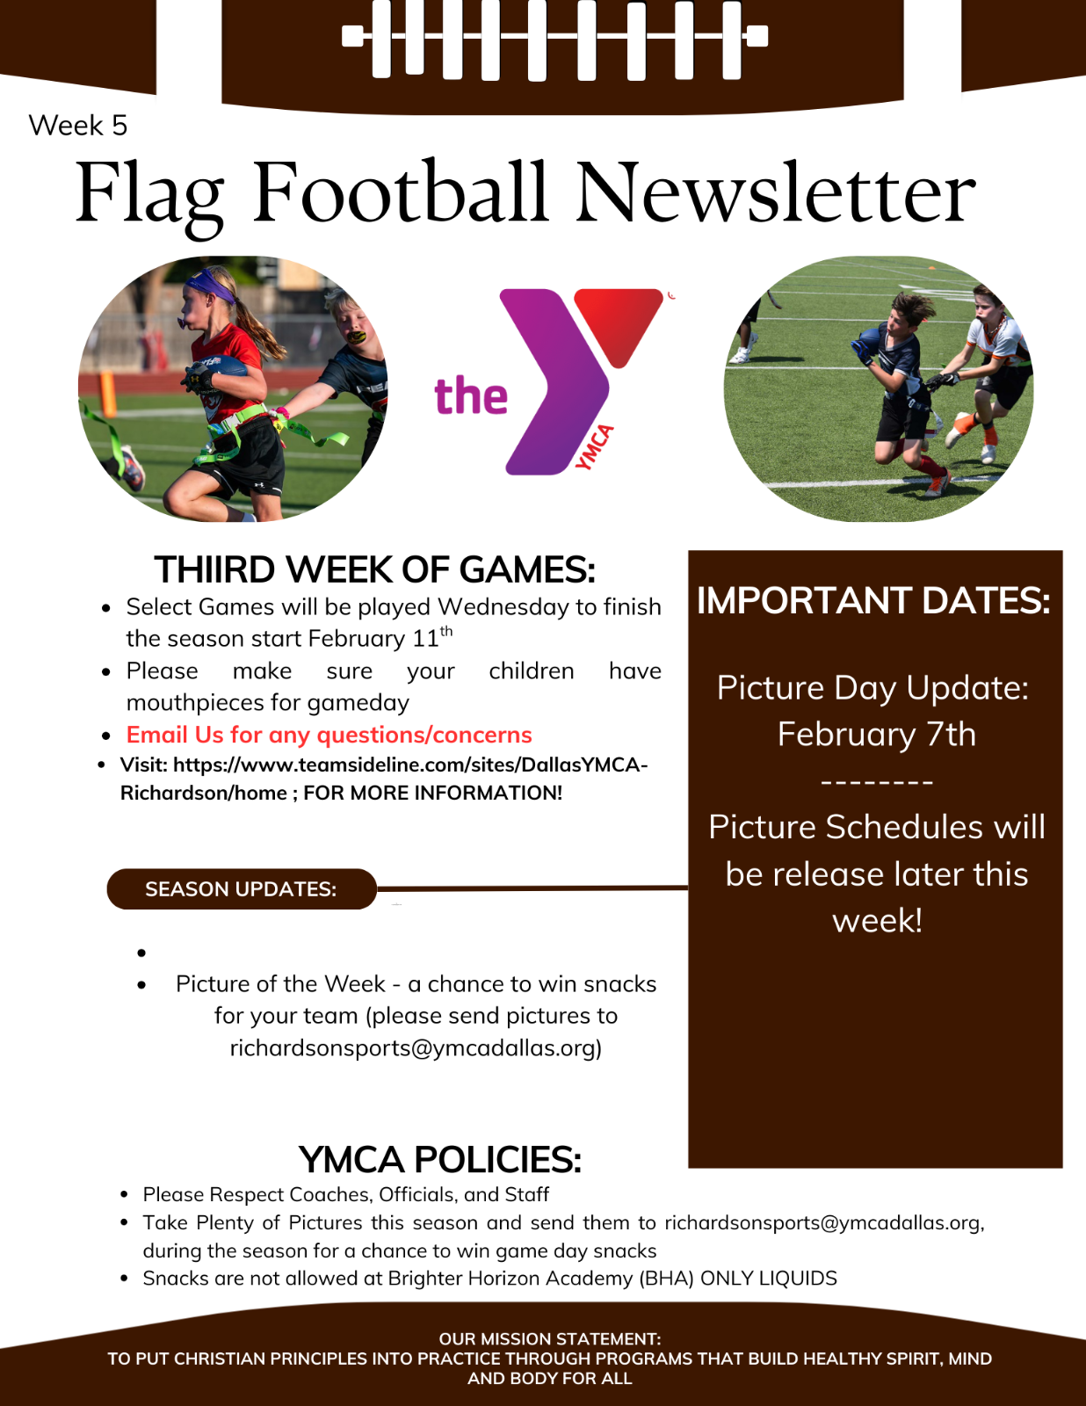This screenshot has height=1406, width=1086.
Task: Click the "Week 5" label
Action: coord(77,125)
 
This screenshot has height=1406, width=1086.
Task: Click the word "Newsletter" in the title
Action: coord(776,192)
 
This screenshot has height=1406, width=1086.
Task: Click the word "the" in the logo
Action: coord(471,395)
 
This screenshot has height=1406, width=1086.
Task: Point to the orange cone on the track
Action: coord(108,394)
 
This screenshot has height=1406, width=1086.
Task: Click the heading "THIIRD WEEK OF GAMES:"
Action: coord(374,569)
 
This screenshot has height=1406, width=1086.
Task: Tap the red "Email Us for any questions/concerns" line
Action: coord(329,735)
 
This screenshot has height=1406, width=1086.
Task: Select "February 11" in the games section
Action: coord(373,639)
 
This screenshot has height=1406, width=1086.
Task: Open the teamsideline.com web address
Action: coord(384,779)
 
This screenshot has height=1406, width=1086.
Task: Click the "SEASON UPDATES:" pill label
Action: coord(242,889)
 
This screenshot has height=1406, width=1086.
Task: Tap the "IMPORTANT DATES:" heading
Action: coord(873,600)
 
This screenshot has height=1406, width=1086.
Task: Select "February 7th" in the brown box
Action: coord(876,734)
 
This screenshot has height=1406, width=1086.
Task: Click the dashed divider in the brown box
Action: coord(876,781)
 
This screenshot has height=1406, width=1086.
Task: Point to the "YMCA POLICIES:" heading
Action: coord(440,1159)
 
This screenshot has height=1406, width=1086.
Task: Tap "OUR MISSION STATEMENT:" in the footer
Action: coord(550,1338)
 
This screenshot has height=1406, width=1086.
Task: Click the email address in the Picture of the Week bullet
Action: coord(416,1048)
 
